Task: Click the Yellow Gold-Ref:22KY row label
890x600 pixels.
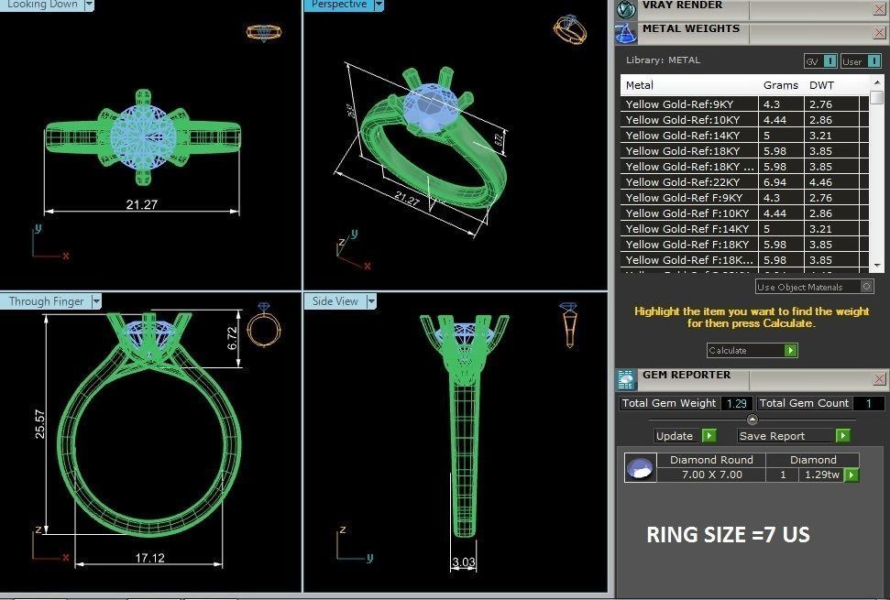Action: click(682, 182)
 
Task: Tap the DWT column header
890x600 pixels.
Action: click(822, 85)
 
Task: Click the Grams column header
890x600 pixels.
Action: click(780, 85)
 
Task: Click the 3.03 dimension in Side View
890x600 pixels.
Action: click(463, 562)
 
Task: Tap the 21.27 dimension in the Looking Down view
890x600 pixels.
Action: click(141, 204)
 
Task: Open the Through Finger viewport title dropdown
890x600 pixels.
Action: click(96, 301)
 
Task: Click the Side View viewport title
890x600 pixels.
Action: click(335, 301)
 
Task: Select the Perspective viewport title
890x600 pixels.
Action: click(340, 5)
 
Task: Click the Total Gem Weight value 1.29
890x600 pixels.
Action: click(736, 403)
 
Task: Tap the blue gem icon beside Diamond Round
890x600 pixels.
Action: click(640, 468)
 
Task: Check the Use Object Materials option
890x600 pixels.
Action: click(867, 287)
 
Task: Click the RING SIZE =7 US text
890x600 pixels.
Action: click(728, 535)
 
